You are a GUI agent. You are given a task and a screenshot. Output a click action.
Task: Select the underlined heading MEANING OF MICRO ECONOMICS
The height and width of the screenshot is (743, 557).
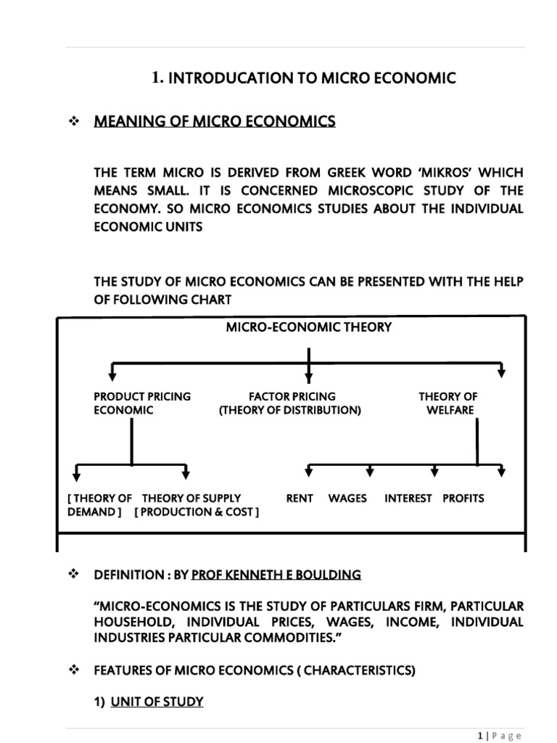[x=215, y=122]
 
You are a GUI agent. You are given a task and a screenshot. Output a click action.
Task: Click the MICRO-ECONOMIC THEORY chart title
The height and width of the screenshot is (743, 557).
[x=309, y=327]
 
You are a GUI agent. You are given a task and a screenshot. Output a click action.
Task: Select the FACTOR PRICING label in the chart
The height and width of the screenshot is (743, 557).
[x=292, y=397]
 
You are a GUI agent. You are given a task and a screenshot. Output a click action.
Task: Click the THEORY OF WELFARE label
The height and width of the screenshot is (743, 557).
[x=448, y=403]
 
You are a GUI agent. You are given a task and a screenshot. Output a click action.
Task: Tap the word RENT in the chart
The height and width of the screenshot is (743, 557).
[x=300, y=498]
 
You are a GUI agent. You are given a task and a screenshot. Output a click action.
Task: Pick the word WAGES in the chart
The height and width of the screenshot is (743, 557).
[x=347, y=498]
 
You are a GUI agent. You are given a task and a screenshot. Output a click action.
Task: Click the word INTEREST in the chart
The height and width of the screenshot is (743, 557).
[x=408, y=498]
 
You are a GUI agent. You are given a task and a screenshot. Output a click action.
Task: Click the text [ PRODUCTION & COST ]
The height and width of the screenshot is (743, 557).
[x=197, y=512]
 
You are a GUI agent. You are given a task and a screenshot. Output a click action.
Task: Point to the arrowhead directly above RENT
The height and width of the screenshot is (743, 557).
[x=309, y=472]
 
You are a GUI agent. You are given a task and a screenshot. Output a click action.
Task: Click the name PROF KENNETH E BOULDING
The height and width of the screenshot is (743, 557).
[x=276, y=575]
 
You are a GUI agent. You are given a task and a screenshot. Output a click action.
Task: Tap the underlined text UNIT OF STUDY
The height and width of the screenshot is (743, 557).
[x=157, y=702]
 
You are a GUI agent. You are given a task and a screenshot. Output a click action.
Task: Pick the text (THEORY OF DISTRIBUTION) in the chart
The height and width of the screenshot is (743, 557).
[x=290, y=410]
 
